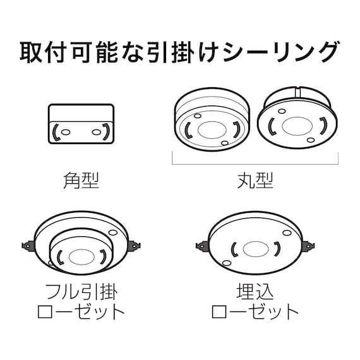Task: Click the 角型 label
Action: (81, 181)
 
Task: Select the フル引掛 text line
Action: (82, 292)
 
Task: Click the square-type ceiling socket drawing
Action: (81, 126)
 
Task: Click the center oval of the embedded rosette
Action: (255, 248)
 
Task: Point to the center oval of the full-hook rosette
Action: (80, 256)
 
